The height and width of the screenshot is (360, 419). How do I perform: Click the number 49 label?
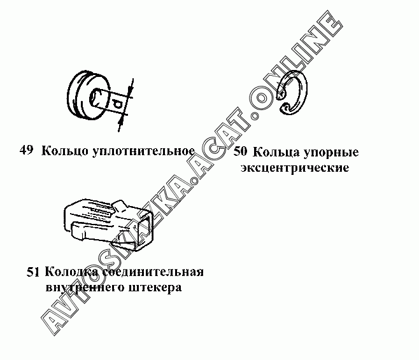coord(26,150)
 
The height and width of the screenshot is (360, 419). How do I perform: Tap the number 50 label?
coord(241,151)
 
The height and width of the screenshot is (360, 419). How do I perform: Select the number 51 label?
coord(33,272)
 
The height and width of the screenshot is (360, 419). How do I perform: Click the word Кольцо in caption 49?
coord(65,151)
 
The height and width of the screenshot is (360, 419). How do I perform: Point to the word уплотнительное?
coord(143,151)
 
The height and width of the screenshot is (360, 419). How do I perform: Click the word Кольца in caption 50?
coord(276,153)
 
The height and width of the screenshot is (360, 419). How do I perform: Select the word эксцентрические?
coord(295,168)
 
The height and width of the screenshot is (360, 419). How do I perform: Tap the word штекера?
coord(155,288)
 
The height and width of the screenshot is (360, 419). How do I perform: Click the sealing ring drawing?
coord(89,95)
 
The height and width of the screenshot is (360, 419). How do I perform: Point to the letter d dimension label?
coord(117,104)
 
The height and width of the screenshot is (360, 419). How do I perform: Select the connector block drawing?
coord(109,225)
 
